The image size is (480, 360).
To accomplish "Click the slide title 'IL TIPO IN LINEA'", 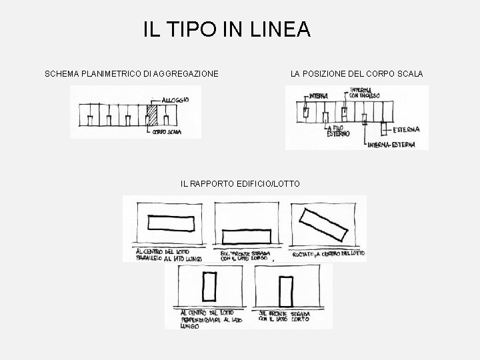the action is click(x=227, y=30).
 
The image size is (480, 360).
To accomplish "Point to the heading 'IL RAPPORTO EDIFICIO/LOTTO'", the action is click(x=241, y=183).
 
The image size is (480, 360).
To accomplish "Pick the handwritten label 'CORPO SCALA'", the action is click(x=167, y=132).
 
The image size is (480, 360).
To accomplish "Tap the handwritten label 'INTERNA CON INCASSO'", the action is click(x=365, y=95).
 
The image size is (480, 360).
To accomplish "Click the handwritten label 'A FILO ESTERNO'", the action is click(x=337, y=131).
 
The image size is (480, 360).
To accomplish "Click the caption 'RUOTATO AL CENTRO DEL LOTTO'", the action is click(x=328, y=255).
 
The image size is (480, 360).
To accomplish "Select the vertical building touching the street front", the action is click(x=287, y=291).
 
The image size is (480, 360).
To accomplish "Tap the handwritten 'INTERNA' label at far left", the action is click(x=319, y=95).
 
